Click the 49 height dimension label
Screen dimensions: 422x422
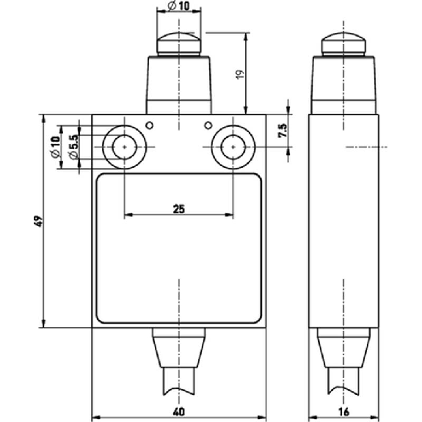(x=40, y=221)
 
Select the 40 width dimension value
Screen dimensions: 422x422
(x=179, y=412)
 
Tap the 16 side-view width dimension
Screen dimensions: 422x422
(x=344, y=412)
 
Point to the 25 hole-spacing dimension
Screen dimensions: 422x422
(x=179, y=209)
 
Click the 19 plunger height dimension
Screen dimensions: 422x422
(x=240, y=74)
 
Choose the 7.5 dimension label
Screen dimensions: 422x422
(x=283, y=131)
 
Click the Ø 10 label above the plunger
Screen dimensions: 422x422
(x=178, y=6)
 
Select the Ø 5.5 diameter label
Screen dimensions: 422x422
(x=73, y=146)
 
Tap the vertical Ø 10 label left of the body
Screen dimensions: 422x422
(x=55, y=147)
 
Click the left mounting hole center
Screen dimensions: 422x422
(x=124, y=147)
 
